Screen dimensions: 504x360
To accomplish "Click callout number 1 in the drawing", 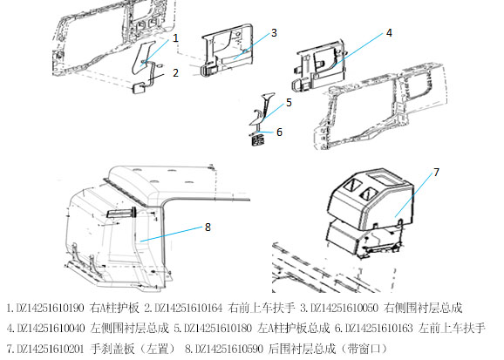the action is (175, 38).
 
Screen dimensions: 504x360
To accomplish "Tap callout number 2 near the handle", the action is (175, 73).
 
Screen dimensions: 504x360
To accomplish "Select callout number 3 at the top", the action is (274, 33).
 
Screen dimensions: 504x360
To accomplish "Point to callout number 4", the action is (389, 33).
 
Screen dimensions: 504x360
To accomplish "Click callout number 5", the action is (289, 103).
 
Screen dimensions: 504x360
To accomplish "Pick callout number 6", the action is (279, 132).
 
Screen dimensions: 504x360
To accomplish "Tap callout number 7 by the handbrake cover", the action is (436, 173).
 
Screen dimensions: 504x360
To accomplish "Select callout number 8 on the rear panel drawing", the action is (208, 228).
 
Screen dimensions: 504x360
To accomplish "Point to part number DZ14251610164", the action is (188, 308).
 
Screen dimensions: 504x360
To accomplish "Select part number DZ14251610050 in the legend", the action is (344, 308).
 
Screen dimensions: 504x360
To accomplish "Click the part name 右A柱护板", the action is (115, 308).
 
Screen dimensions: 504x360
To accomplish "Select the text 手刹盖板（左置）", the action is (133, 349).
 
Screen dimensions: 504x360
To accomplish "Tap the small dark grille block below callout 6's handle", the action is (257, 140).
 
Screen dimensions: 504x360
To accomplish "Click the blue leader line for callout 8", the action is (171, 234).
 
